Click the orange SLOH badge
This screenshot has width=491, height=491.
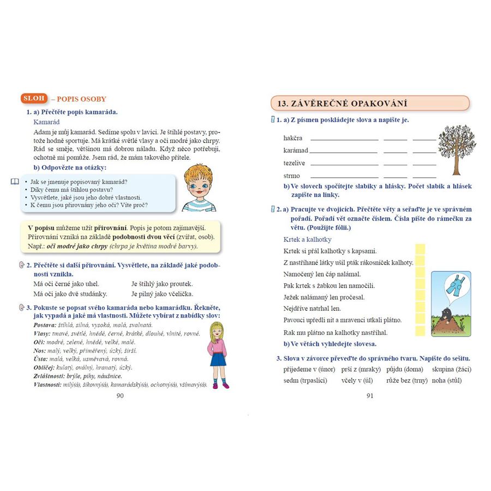tap(34, 98)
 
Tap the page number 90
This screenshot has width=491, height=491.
tap(121, 396)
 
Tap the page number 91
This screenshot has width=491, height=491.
tap(370, 396)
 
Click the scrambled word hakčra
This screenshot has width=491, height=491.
tap(293, 138)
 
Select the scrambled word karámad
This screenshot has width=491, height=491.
tap(296, 150)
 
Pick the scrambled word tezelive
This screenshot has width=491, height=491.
tap(295, 163)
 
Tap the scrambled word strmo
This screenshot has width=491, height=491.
tap(292, 176)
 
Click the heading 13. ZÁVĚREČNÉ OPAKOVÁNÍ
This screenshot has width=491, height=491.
tap(370, 103)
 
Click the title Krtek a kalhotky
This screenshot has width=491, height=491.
tap(307, 239)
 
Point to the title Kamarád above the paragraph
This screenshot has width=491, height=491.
tap(46, 122)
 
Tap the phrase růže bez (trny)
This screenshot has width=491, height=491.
tap(407, 380)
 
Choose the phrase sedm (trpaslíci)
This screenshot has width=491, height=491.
tap(306, 380)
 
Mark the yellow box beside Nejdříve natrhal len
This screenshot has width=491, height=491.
tap(420, 309)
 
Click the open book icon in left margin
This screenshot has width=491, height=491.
tap(15, 181)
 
